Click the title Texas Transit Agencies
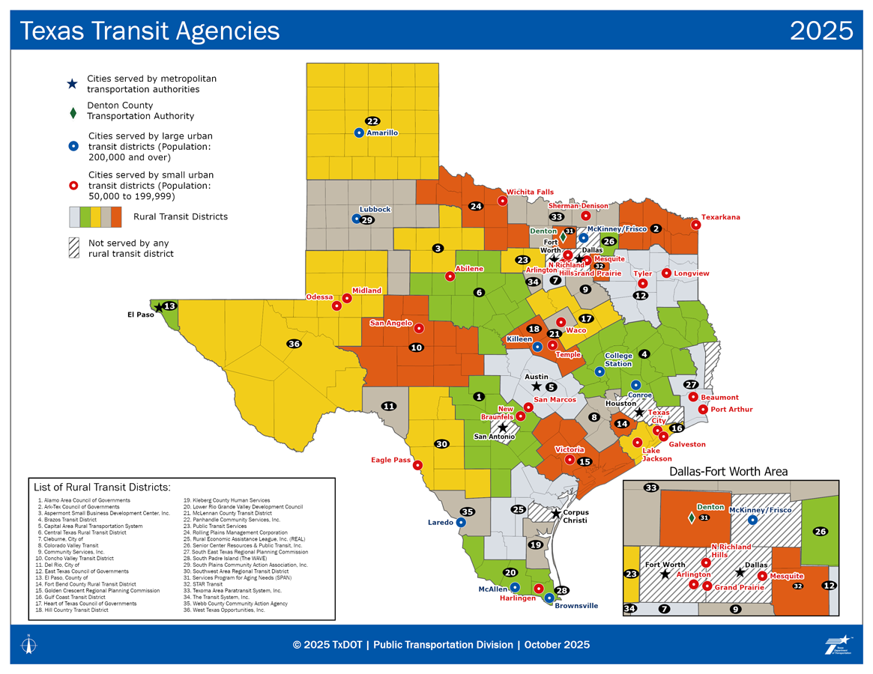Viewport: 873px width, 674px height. pos(149,31)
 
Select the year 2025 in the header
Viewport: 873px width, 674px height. pos(821,31)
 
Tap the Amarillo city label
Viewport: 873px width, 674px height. pos(382,133)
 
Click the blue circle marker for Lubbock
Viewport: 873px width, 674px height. pos(357,219)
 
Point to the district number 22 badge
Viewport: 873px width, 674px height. pos(372,121)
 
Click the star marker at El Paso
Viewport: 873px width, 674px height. pos(158,307)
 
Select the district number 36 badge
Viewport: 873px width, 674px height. pos(294,344)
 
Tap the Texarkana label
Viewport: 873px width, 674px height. pos(720,217)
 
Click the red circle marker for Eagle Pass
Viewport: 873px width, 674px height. pos(417,464)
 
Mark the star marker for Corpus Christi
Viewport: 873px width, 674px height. pos(556,513)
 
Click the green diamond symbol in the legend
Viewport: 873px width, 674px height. pos(73,114)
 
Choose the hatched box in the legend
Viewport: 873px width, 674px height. pos(74,248)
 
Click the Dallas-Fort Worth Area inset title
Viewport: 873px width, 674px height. pos(728,471)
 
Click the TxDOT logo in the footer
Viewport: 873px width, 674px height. pos(838,645)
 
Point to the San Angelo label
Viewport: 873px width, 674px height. pos(390,324)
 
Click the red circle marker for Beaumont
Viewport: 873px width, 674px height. pos(693,397)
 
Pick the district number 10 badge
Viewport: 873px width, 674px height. pos(416,347)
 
